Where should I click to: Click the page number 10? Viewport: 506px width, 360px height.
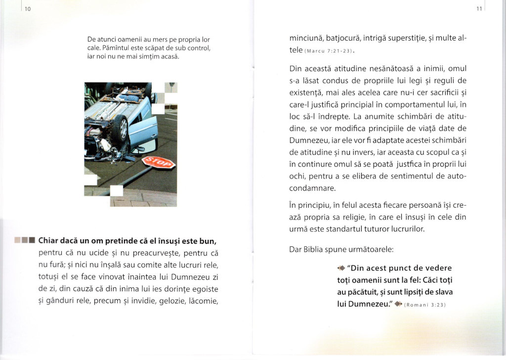(x=28, y=9)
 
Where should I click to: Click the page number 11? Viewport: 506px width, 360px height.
(x=479, y=9)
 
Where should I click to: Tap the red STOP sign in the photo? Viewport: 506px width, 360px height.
(x=159, y=163)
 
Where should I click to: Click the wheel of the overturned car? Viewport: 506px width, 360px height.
(x=120, y=128)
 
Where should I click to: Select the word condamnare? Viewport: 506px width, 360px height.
(x=312, y=188)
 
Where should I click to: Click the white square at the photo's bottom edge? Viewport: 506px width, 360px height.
(x=117, y=191)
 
